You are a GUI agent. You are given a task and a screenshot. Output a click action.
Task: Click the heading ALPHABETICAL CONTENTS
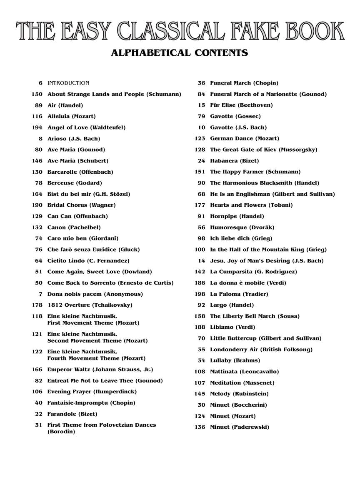(x=180, y=53)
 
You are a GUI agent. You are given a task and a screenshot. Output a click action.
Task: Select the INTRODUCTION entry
(x=68, y=83)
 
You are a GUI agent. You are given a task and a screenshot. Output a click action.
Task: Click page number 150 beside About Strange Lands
(x=37, y=94)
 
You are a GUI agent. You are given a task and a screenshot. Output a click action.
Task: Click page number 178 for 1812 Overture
(x=37, y=305)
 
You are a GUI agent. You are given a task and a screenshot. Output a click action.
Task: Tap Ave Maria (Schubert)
(x=77, y=161)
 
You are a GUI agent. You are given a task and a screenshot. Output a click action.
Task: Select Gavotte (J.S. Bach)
(x=238, y=127)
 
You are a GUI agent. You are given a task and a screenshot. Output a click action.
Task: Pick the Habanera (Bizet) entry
(x=234, y=161)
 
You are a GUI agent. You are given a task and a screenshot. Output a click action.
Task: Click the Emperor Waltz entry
(x=100, y=370)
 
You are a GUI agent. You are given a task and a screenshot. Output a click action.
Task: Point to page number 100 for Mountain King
(x=200, y=250)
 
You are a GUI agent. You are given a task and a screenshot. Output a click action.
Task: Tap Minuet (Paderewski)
(x=240, y=427)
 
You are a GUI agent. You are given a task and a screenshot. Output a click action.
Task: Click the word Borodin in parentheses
(x=61, y=432)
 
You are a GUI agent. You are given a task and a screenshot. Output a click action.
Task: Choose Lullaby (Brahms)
(x=235, y=360)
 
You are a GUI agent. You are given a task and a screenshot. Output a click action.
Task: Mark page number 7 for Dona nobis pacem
(x=40, y=294)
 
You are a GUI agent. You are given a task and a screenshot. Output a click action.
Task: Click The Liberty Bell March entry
(x=255, y=316)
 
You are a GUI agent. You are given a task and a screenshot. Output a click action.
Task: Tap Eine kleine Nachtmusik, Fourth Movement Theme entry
(x=96, y=355)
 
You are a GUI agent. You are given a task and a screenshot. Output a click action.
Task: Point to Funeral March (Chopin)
(x=244, y=83)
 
